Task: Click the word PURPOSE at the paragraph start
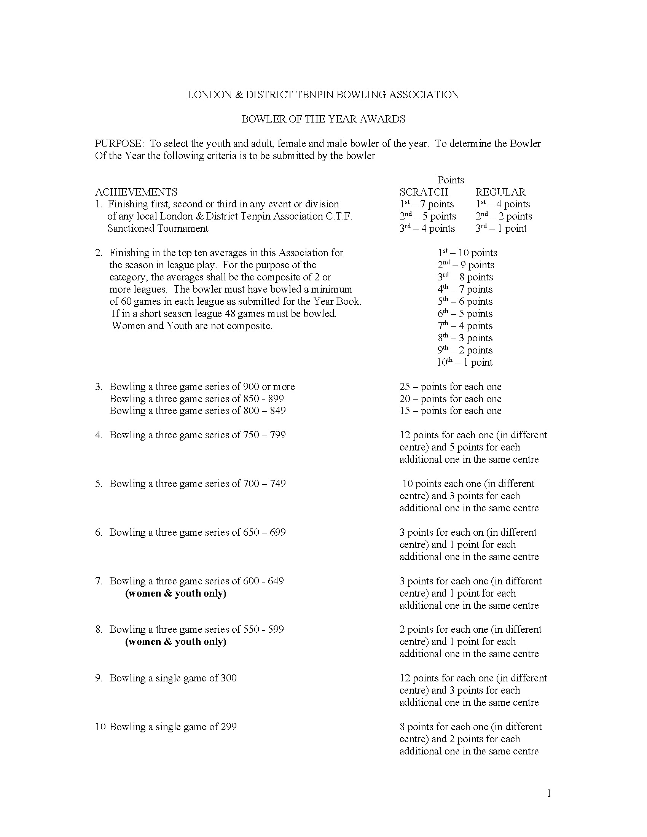(119, 144)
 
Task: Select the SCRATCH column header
(424, 192)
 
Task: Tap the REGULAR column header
(500, 192)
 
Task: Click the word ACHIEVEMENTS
(136, 192)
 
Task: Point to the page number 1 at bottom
(549, 793)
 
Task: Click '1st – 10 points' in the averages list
(467, 253)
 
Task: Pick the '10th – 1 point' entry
(465, 362)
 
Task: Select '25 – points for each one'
(450, 387)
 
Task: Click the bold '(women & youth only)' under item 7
(175, 593)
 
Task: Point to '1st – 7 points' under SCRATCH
(427, 204)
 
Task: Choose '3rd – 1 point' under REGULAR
(501, 229)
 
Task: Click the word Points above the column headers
(450, 180)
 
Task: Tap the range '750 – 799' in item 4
(265, 435)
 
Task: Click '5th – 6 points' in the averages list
(465, 302)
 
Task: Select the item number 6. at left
(99, 532)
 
